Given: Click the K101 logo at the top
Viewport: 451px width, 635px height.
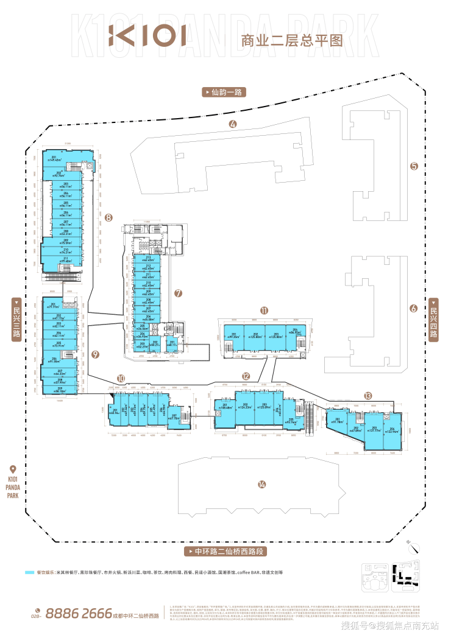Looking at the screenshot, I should (147, 36).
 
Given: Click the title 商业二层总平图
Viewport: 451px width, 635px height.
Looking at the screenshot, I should (293, 41).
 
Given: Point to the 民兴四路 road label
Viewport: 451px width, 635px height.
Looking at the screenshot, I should (433, 318).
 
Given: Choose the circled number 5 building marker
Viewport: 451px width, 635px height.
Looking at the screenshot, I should (414, 166).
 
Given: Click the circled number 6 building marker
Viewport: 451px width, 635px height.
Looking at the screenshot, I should (413, 308).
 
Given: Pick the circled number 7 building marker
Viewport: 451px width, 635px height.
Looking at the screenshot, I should (178, 293).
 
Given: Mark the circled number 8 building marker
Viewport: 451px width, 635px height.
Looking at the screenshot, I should (108, 217).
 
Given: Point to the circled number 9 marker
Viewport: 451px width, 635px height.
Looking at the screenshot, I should (95, 354).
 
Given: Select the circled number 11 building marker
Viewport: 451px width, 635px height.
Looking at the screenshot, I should (264, 310).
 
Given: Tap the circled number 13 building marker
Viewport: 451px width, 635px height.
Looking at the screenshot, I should (368, 396).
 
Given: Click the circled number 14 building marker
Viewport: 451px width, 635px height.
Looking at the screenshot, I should (261, 484).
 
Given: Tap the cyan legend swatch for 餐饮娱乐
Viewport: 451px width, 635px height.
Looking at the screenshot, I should (29, 572).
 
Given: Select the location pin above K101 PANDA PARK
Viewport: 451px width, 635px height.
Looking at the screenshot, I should (13, 469).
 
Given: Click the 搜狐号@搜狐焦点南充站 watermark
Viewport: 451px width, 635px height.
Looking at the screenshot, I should (391, 626).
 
